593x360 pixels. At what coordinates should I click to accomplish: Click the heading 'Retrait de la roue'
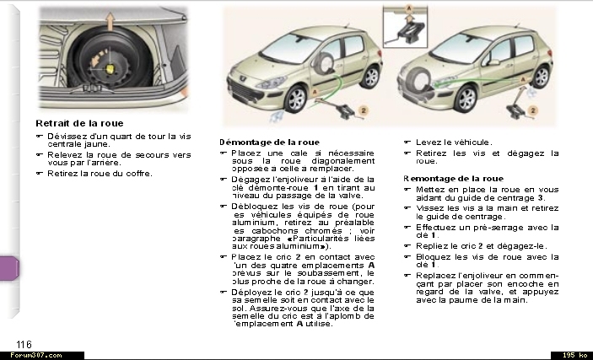79,123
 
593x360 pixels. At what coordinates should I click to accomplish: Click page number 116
24,342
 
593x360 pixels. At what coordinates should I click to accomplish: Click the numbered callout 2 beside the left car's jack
364,110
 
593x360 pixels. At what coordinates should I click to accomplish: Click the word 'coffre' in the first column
139,173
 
